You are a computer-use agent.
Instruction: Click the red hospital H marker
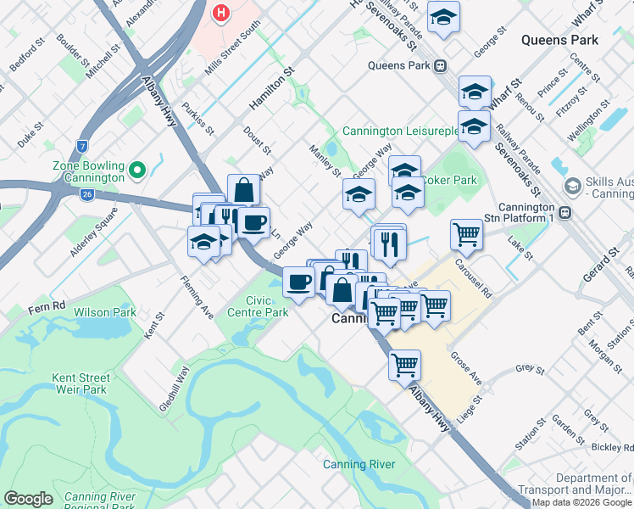tap(221, 14)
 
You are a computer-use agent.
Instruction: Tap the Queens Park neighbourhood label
tap(559, 40)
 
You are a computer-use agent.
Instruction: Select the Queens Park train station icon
tap(440, 65)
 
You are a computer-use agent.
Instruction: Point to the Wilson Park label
tap(105, 312)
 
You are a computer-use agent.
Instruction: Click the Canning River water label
tap(359, 464)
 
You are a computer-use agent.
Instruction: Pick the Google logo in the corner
tap(28, 499)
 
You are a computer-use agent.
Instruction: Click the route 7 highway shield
tap(82, 146)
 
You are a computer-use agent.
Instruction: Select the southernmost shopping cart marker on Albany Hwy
tap(405, 364)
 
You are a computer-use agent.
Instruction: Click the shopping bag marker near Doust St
tap(243, 189)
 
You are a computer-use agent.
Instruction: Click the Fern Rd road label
tap(46, 305)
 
